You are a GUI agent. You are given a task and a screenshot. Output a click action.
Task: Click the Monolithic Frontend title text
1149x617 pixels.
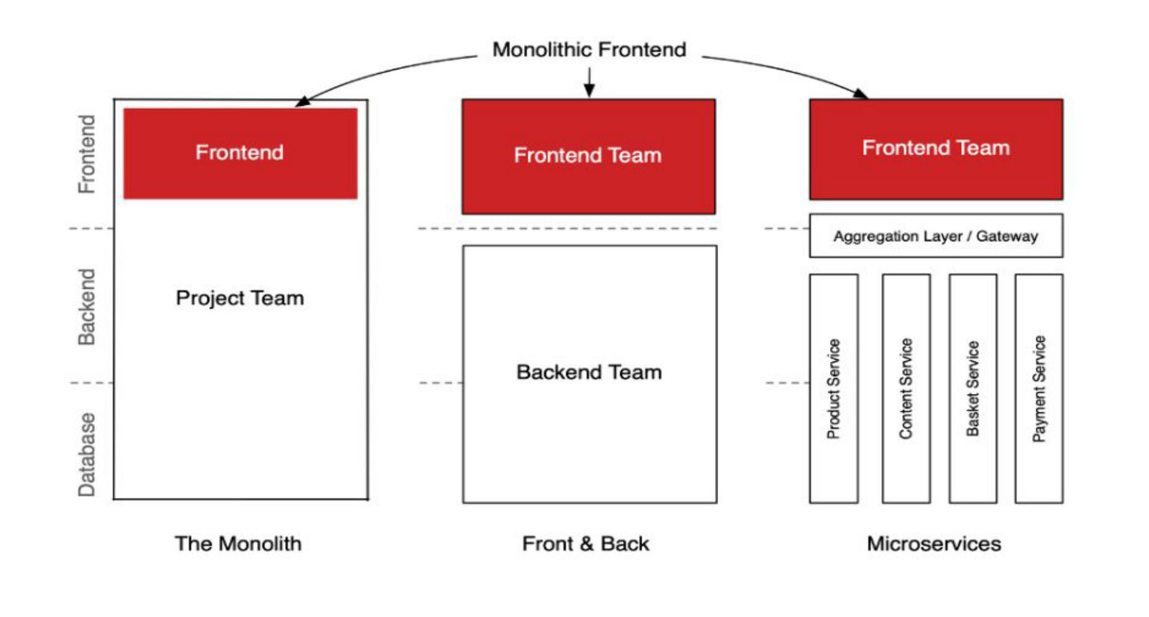[x=589, y=49]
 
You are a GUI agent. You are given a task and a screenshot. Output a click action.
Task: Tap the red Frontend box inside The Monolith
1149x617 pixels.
[x=240, y=153]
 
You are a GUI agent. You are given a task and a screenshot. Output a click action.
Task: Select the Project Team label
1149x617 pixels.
[x=240, y=298]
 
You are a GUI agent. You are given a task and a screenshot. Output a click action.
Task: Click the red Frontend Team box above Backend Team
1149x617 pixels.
[x=588, y=156]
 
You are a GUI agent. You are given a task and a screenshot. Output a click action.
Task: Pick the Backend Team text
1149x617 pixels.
[x=589, y=372]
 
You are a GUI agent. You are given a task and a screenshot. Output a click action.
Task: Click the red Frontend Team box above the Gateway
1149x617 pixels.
[x=935, y=148]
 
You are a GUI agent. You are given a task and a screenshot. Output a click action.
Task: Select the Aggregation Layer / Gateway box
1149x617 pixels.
[x=935, y=236]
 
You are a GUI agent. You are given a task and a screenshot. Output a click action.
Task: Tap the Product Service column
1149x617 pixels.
[x=833, y=389]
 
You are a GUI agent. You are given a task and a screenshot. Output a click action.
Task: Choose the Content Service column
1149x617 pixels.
[x=905, y=389]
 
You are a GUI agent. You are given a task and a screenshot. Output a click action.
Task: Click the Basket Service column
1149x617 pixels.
[x=972, y=389]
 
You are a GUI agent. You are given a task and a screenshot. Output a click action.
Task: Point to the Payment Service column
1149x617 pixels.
[x=1039, y=389]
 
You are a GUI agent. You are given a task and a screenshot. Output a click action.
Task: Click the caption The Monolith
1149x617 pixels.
[x=238, y=544]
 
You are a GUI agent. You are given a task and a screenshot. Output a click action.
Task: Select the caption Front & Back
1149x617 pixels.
[x=586, y=544]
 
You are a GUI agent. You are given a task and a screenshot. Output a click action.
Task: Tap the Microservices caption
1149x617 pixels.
[x=933, y=544]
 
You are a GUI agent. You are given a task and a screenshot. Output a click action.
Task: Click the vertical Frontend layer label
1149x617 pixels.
[x=87, y=154]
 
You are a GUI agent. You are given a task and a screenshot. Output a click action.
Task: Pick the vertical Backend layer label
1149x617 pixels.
[x=87, y=307]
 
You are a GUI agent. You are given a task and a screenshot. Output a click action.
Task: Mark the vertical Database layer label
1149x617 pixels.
[x=87, y=454]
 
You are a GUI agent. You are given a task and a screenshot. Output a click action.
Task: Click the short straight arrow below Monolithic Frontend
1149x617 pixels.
[x=589, y=81]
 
